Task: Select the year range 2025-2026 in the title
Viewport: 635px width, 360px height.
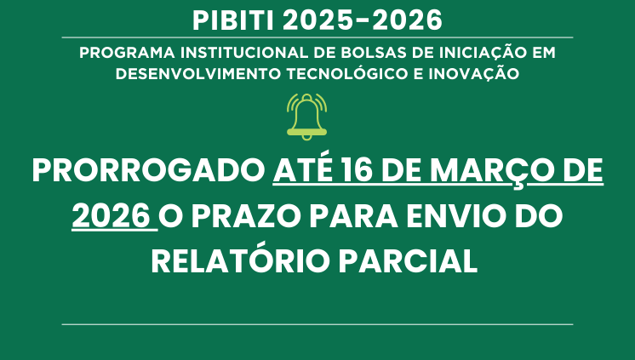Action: click(368, 18)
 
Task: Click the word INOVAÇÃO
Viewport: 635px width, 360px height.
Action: click(476, 73)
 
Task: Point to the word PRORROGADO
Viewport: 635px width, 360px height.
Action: click(149, 172)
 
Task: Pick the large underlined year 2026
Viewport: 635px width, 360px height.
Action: click(112, 216)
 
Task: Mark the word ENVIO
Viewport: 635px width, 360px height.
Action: click(463, 216)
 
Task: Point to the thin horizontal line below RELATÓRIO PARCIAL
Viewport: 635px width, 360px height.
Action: click(317, 324)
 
